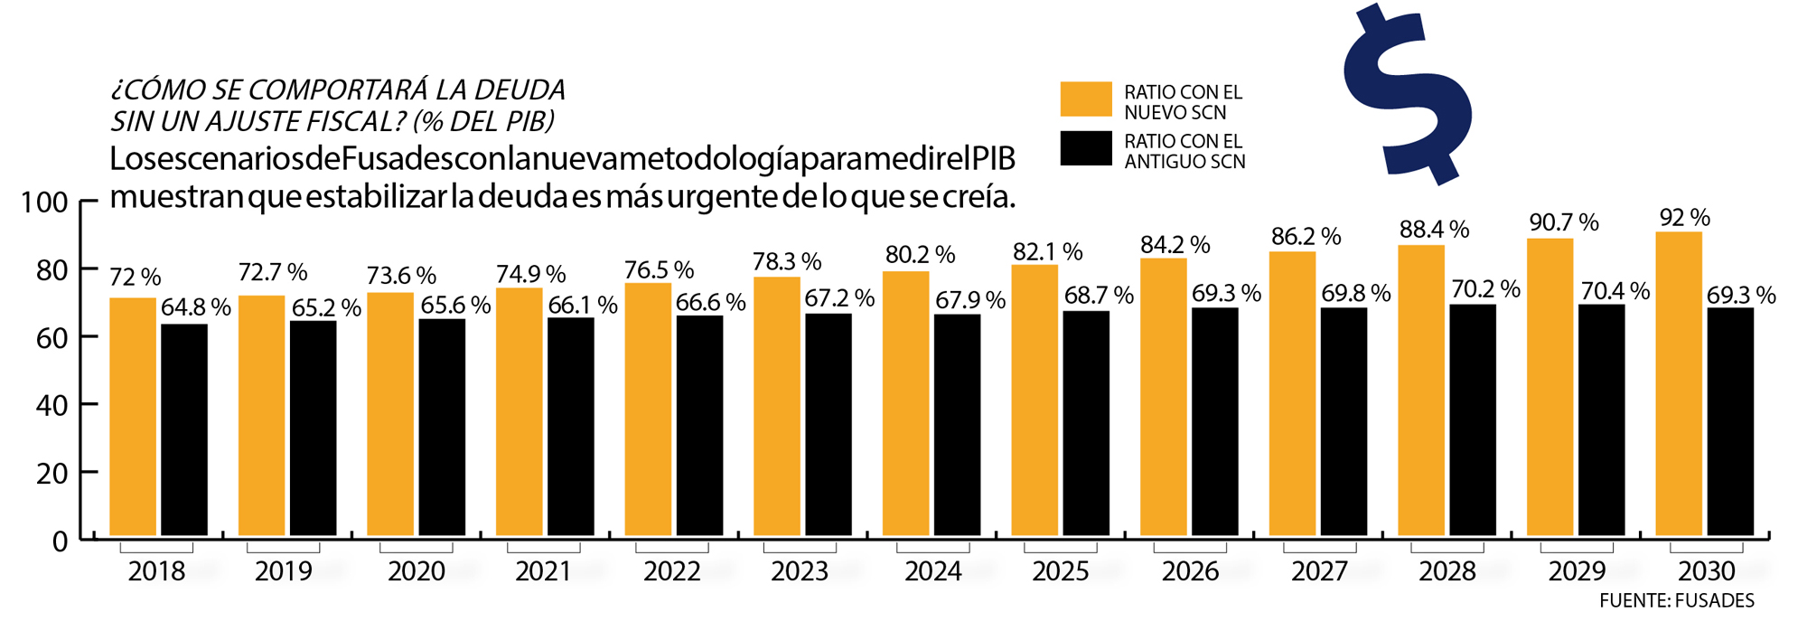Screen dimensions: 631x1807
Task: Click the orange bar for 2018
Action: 133,416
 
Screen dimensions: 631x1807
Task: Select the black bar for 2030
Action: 1730,421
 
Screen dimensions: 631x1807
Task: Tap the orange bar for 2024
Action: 905,403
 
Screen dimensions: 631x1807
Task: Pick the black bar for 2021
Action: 571,426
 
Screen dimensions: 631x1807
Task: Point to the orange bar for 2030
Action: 1679,383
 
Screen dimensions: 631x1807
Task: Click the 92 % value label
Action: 1685,218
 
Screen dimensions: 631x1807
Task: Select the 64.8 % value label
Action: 196,307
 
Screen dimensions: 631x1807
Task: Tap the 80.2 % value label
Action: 920,255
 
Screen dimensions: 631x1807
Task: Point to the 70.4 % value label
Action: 1615,291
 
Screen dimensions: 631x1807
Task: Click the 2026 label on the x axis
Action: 1190,571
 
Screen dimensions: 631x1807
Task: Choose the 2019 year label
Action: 283,571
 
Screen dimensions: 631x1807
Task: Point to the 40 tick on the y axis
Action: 52,405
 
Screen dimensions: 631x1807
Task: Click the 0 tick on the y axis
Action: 61,541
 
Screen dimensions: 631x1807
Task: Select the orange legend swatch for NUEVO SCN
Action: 1086,99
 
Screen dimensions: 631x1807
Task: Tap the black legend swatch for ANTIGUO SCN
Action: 1086,149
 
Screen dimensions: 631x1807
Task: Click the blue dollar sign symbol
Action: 1407,95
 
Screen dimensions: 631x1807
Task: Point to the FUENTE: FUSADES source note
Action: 1676,601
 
